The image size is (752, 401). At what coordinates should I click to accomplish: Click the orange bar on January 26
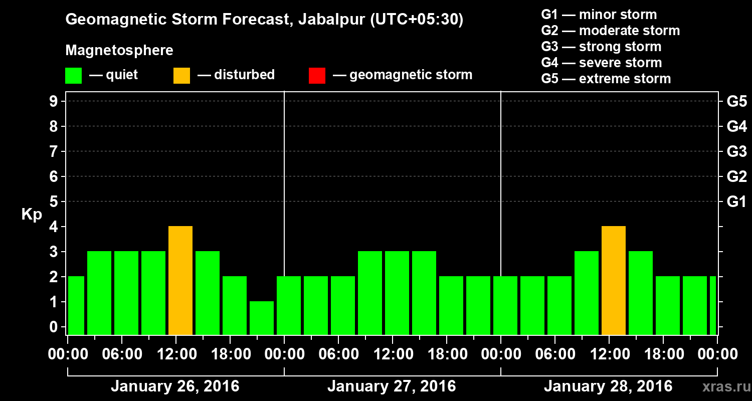(180, 281)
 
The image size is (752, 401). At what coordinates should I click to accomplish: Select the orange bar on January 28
(614, 281)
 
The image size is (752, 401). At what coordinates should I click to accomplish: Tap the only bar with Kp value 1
(262, 318)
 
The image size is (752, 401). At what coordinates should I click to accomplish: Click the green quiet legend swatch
(73, 76)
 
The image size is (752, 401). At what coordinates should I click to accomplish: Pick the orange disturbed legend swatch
(181, 76)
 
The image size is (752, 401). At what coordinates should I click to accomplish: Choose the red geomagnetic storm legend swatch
(317, 76)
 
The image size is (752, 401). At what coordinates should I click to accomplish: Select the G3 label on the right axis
(736, 152)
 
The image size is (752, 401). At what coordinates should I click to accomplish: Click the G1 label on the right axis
(736, 202)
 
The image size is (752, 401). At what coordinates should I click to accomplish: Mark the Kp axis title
(31, 215)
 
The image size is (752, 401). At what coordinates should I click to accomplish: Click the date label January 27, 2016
(392, 386)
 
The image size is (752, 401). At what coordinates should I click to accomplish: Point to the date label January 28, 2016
(608, 386)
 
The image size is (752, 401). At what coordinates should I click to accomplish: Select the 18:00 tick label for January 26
(230, 354)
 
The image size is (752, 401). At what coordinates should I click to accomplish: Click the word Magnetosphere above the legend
(119, 51)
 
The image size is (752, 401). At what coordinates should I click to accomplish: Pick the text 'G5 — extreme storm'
(606, 79)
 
